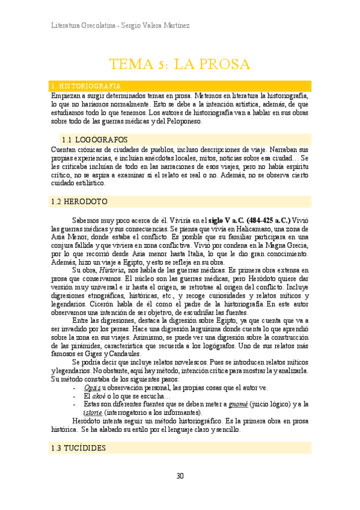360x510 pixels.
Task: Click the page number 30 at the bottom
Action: [180, 476]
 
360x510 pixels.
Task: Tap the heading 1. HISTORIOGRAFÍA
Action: [86, 86]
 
